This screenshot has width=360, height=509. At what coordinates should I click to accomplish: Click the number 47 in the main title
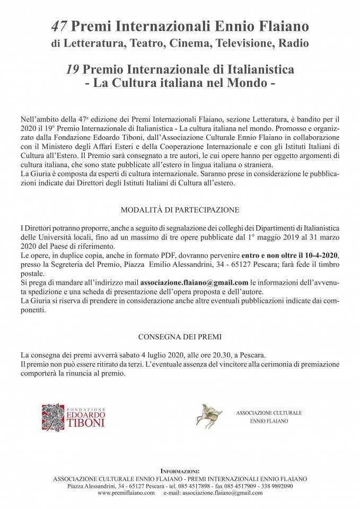(59, 25)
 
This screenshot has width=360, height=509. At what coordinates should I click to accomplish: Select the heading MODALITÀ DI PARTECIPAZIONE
(180, 209)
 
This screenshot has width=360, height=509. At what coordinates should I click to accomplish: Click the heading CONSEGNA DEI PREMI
(180, 337)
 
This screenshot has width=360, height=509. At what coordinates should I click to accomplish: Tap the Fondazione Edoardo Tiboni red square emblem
(53, 416)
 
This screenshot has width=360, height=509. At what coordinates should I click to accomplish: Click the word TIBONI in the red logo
(85, 423)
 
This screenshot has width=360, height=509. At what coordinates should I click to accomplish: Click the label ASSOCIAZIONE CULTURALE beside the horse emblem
(269, 413)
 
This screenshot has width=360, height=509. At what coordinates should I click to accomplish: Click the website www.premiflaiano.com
(126, 493)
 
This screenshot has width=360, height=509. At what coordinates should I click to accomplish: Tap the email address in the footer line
(222, 493)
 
